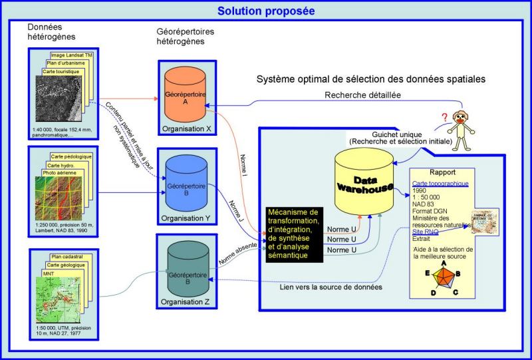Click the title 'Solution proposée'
click(x=265, y=11)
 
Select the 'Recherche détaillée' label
click(x=362, y=95)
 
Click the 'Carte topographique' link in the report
click(x=441, y=184)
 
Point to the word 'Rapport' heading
click(x=452, y=172)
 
